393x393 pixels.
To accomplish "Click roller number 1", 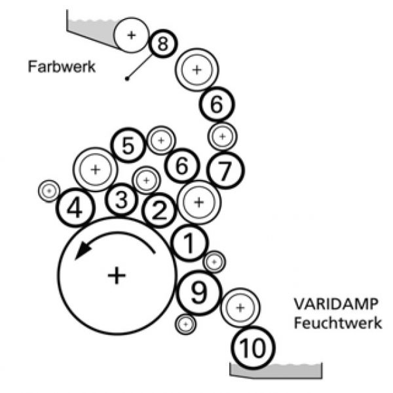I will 189,244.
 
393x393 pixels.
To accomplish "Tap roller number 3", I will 121,201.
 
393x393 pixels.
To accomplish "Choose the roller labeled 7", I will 225,171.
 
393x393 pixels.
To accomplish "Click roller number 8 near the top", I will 162,44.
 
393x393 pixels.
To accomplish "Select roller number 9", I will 198,293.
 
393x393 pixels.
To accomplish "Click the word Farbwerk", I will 62,66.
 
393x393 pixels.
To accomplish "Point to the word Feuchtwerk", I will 336,323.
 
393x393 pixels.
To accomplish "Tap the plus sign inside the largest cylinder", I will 117,275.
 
